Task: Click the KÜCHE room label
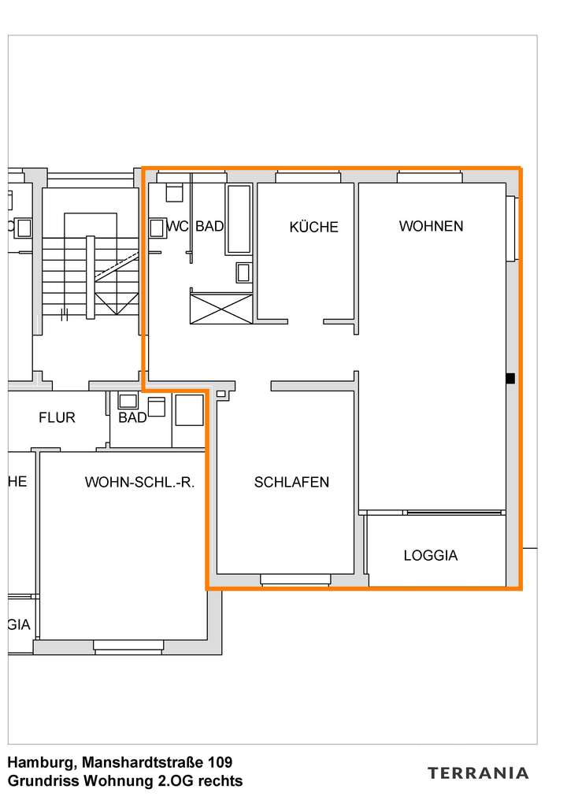click(x=313, y=227)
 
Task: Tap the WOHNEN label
click(x=431, y=226)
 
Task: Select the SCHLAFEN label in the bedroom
click(x=291, y=482)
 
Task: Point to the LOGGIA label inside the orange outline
click(x=430, y=555)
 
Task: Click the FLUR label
click(x=57, y=417)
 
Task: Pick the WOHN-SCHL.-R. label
click(x=139, y=482)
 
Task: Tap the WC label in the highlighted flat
click(x=177, y=227)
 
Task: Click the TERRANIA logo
click(x=478, y=773)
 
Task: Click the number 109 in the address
click(x=220, y=762)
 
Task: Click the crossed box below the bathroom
click(x=221, y=307)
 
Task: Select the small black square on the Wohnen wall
click(x=510, y=379)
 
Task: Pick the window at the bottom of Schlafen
click(x=295, y=580)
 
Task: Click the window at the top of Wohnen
click(x=428, y=176)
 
